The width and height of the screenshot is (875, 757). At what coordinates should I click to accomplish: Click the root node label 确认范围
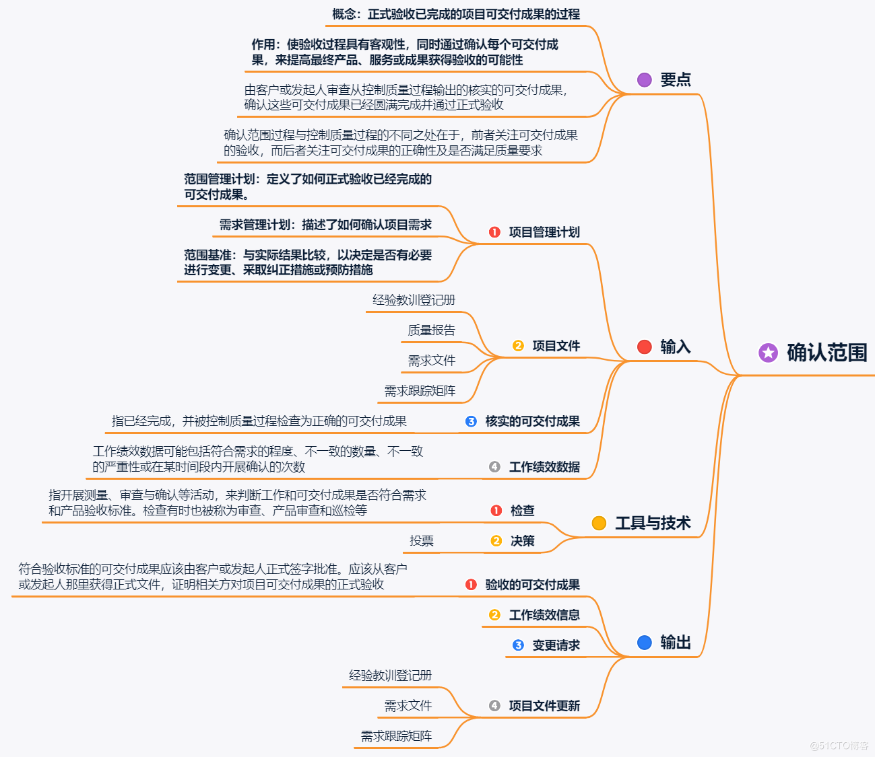coord(827,353)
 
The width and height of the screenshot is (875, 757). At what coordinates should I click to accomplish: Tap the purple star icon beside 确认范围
coord(768,353)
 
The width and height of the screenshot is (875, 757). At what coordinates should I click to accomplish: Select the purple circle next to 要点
coord(645,79)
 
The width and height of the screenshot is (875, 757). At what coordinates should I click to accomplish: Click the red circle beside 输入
coord(645,347)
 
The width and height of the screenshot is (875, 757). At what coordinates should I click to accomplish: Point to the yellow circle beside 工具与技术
coord(599,523)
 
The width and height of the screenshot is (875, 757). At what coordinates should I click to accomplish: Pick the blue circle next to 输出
coord(645,643)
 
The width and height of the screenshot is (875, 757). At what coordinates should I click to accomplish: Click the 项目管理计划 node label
coord(544,232)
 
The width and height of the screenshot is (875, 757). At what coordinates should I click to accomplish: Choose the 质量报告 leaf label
coord(431,330)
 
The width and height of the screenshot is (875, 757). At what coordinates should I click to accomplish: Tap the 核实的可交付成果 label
coord(532,421)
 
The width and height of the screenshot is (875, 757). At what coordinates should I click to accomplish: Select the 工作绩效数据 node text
coord(544,467)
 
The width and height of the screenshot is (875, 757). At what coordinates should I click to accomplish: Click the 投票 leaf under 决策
coord(422,541)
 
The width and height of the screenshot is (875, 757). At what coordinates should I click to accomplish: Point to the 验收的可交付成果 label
coord(532,585)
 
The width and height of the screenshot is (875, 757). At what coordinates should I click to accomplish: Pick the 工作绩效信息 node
coord(544,615)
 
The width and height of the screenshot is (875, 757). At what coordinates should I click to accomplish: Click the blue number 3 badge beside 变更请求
coord(518,645)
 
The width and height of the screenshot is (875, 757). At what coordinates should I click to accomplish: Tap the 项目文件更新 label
coord(544,706)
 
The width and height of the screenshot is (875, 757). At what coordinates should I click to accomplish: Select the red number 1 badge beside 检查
coord(496,511)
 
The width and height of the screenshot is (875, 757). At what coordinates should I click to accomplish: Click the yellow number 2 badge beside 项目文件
coord(518,346)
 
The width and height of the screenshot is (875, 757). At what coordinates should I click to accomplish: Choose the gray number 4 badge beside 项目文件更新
coord(494,706)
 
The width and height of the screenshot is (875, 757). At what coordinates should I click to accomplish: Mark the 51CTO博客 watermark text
coord(839,746)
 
